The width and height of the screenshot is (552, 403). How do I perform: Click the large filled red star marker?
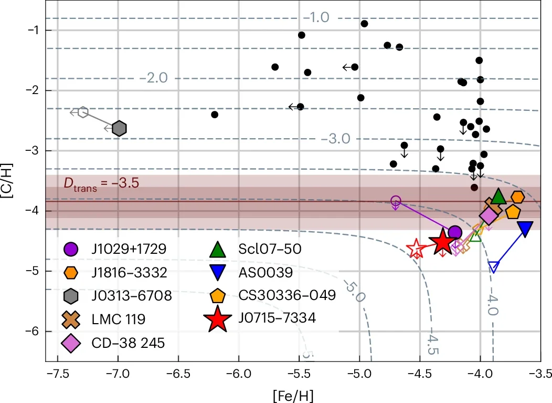coord(442,243)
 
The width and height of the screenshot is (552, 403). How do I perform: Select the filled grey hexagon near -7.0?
coord(119,128)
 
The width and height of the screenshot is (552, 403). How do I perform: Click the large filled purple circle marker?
coord(455,232)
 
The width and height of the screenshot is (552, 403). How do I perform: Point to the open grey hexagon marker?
coord(82,112)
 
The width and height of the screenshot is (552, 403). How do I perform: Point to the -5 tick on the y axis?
coord(33,271)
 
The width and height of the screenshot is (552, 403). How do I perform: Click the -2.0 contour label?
coord(154,78)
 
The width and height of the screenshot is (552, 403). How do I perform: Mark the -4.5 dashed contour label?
coord(429,341)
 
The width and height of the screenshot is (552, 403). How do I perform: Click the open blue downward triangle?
coord(494,266)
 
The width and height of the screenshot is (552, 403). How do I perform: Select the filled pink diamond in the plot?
coord(489,215)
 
